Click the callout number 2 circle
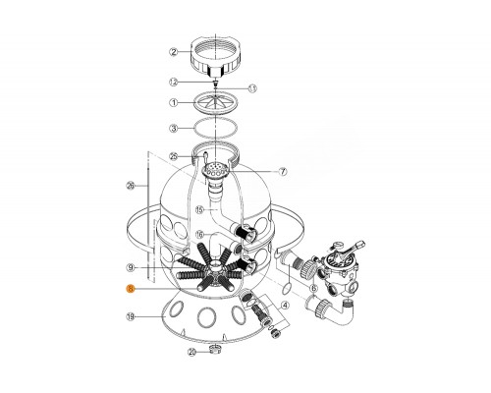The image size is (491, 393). point(173,51)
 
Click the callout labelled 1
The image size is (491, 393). point(173,103)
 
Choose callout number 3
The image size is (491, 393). point(173,128)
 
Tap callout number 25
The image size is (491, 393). point(173,156)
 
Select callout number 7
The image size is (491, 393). point(282,172)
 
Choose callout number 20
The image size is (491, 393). point(192,351)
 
